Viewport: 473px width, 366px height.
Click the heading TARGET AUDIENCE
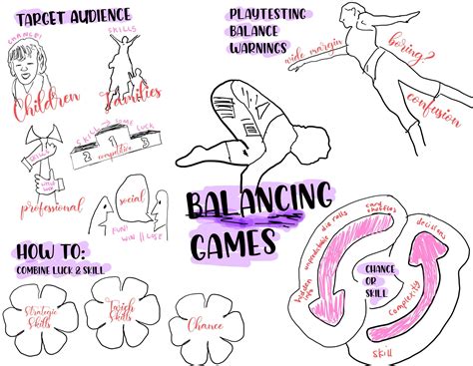75,17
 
